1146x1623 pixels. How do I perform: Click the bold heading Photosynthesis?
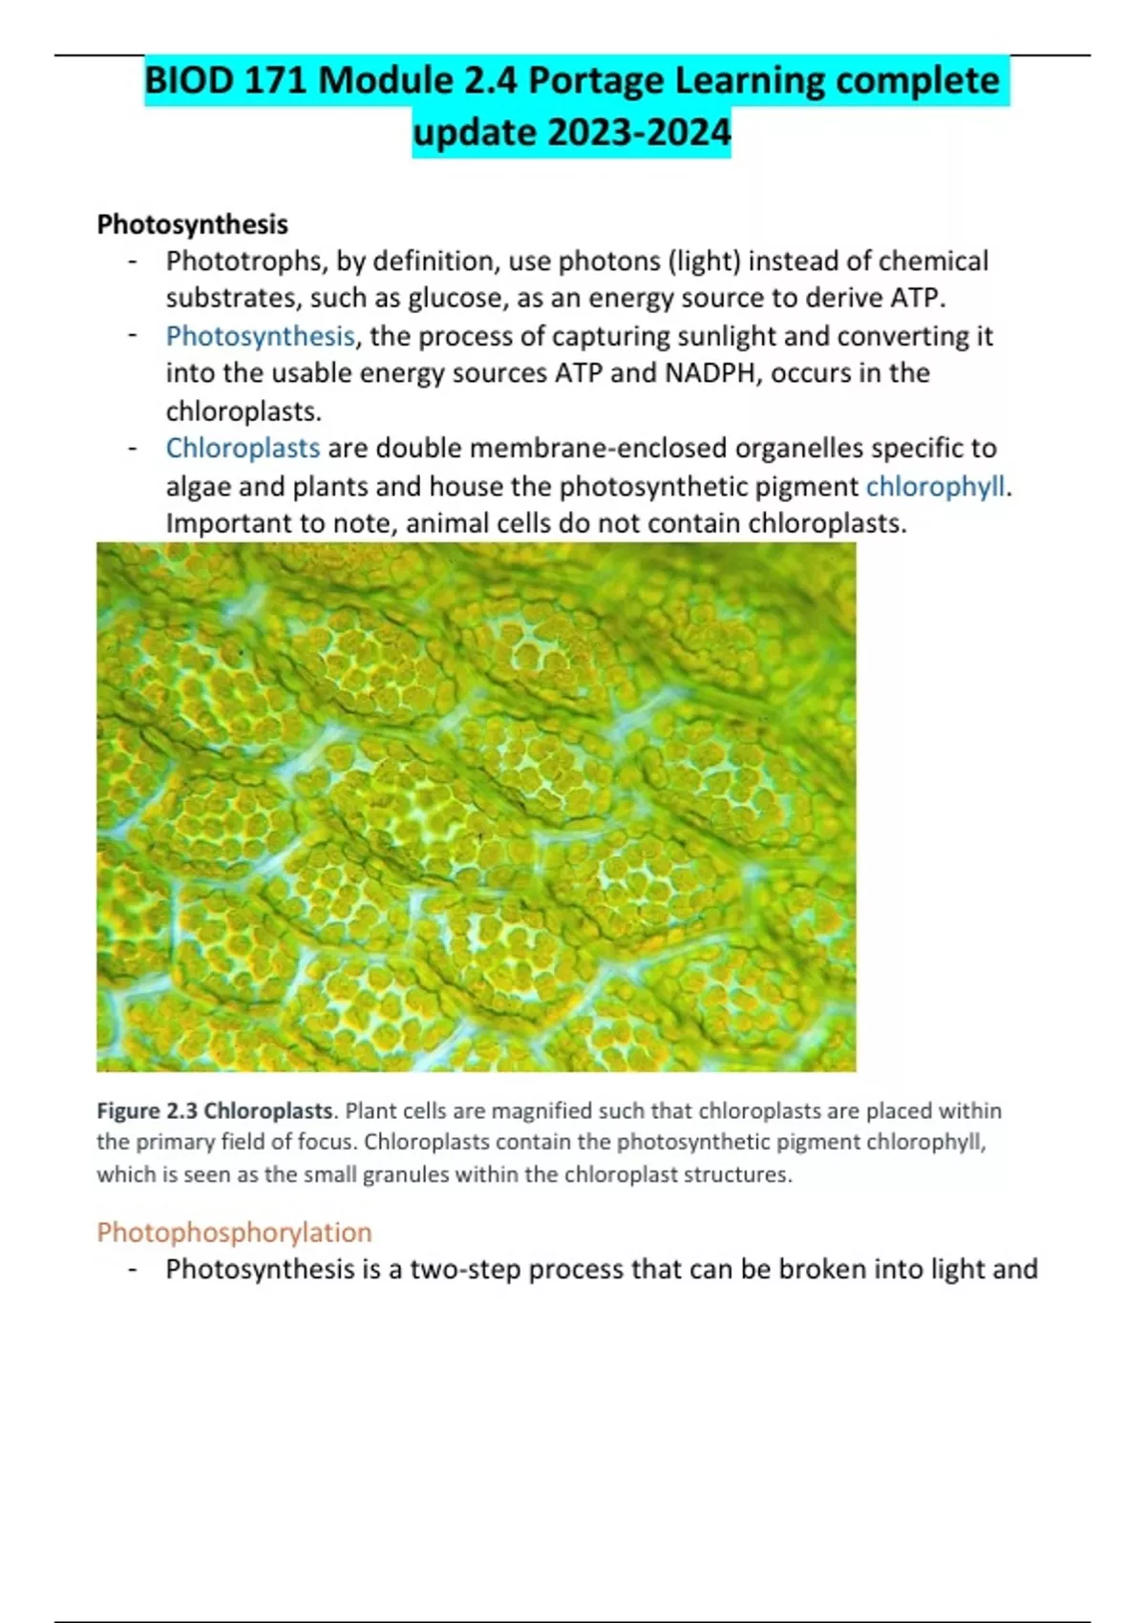(192, 224)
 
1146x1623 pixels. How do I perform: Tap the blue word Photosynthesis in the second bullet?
(260, 336)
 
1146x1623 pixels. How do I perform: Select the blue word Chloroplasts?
(243, 448)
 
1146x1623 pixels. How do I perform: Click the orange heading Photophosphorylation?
(234, 1232)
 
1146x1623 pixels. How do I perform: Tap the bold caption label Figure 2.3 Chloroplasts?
(215, 1110)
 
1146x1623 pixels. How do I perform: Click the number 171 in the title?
(276, 80)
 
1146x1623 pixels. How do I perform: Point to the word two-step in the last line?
(465, 1270)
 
